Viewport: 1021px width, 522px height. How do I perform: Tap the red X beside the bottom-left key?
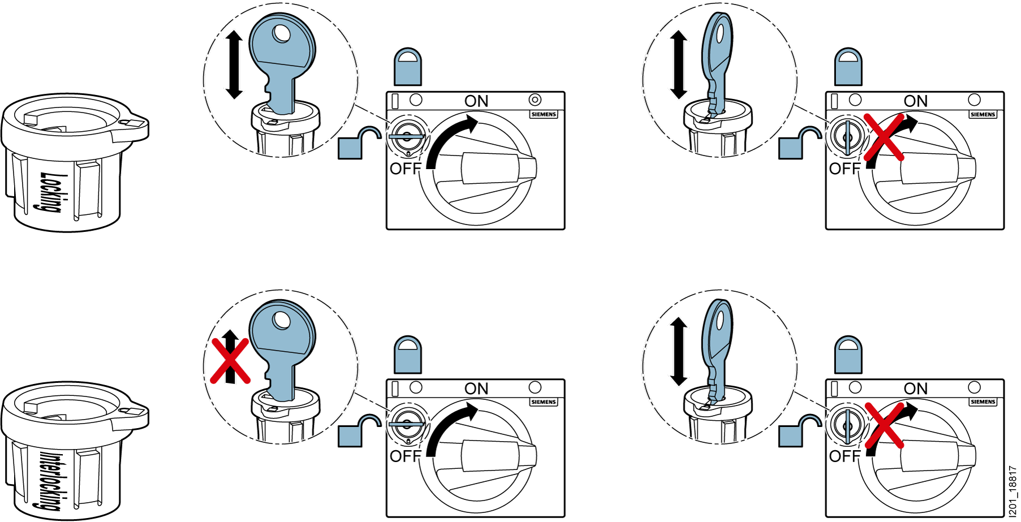point(230,361)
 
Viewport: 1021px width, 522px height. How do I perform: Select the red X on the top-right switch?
point(884,137)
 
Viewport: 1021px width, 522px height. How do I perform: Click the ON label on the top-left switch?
point(476,101)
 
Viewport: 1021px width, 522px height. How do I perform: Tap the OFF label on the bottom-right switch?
point(845,456)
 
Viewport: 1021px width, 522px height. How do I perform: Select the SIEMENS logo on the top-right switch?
point(983,114)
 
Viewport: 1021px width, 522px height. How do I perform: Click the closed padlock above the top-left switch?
point(408,66)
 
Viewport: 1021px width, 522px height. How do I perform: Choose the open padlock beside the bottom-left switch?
point(359,430)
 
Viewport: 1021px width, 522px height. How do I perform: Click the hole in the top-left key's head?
point(281,33)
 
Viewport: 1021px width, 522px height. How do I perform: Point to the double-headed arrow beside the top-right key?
point(678,64)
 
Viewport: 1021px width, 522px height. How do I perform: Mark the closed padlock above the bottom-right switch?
point(848,355)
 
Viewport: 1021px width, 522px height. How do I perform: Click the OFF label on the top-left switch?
point(406,169)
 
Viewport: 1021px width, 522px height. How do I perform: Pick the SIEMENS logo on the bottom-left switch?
point(544,402)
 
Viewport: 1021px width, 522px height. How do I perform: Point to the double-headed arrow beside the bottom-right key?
point(678,351)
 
